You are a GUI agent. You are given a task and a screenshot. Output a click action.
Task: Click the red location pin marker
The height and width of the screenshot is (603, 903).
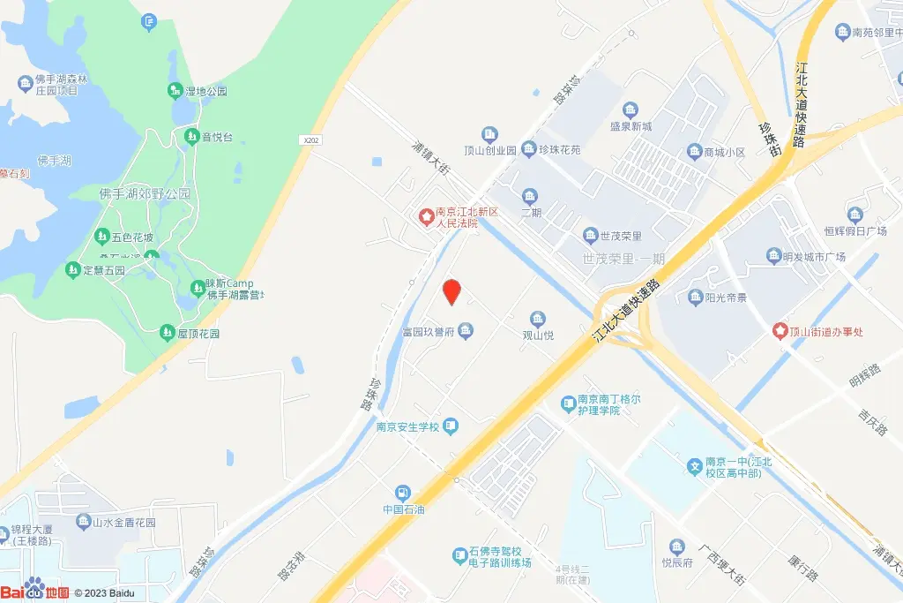tap(451, 291)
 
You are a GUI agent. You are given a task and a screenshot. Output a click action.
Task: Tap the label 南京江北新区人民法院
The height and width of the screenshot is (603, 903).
tap(457, 217)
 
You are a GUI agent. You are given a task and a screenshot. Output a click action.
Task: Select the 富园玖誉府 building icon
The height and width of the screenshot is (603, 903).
tap(466, 331)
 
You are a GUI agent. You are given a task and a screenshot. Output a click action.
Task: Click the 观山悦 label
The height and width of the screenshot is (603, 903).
tap(537, 335)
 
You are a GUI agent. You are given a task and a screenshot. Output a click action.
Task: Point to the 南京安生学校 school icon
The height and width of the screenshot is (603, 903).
tap(451, 427)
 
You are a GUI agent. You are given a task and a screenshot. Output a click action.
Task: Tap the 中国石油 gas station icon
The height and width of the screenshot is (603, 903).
tap(403, 493)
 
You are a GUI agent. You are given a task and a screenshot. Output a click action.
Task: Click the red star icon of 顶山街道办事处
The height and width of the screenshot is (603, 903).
tap(780, 331)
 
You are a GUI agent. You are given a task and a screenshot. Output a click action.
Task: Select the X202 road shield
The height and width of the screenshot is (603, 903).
tap(310, 139)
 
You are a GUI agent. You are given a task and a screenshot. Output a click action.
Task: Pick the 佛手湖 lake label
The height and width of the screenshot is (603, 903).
tap(55, 161)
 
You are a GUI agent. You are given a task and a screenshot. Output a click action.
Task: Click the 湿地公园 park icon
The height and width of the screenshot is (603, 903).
tap(175, 91)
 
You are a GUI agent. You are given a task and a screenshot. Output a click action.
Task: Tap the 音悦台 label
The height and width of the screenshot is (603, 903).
tap(217, 137)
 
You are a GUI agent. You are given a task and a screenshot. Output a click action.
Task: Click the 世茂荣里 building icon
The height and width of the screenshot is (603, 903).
tap(590, 236)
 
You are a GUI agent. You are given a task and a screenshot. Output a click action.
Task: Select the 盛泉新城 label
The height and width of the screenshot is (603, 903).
tap(631, 127)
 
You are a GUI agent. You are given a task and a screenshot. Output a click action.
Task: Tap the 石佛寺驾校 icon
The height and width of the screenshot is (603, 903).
tap(459, 556)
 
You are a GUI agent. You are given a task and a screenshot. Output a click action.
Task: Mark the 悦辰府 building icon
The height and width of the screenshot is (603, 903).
tap(677, 546)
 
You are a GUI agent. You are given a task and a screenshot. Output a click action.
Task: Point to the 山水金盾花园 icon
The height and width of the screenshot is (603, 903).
tap(83, 522)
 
